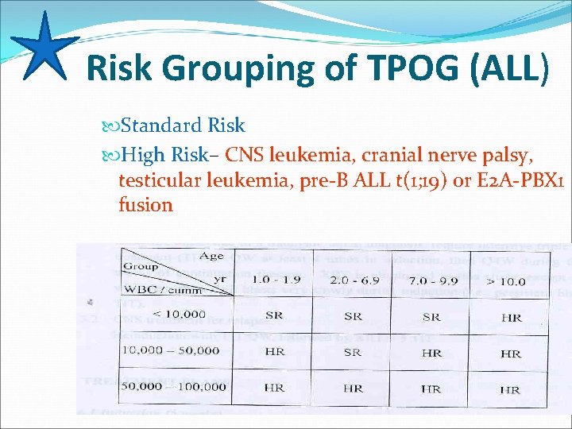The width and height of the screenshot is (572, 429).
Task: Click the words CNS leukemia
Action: pyautogui.click(x=292, y=153)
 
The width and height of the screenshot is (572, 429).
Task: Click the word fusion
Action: pyautogui.click(x=145, y=205)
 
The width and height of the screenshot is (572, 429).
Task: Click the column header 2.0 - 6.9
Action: pyautogui.click(x=352, y=281)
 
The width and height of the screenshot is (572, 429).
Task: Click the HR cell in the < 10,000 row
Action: pyautogui.click(x=512, y=318)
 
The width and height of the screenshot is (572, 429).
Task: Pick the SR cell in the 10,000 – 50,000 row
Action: pyautogui.click(x=353, y=353)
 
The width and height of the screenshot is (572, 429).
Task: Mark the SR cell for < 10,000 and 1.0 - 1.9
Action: pyautogui.click(x=274, y=316)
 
